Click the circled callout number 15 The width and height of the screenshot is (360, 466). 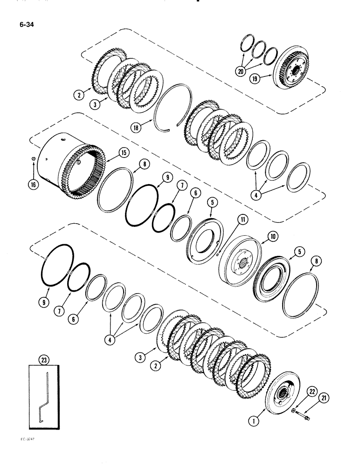pyautogui.click(x=124, y=152)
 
